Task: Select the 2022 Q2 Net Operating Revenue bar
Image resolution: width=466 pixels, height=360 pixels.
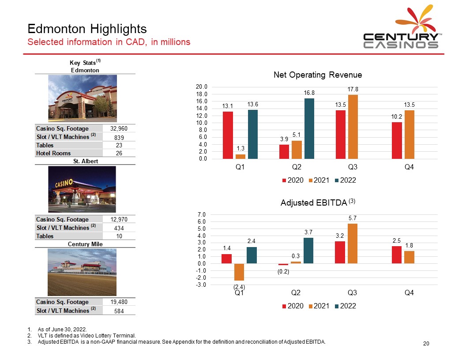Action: pos(309,128)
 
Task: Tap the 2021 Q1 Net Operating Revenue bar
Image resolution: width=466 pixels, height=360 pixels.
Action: pos(241,156)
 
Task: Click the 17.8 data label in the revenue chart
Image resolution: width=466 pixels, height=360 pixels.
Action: pos(353,89)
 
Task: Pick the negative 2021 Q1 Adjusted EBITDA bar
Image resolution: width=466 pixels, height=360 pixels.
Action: pos(239,272)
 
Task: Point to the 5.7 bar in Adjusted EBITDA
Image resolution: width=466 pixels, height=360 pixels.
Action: pos(353,243)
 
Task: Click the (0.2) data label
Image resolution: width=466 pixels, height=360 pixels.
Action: pos(283,271)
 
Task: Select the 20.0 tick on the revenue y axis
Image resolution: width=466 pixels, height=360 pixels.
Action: pos(203,87)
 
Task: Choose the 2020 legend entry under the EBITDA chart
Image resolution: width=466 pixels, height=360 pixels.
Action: pos(292,306)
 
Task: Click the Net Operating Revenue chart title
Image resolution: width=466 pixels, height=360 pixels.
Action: pos(318,75)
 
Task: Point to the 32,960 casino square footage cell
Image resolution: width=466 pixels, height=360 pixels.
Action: pos(119,128)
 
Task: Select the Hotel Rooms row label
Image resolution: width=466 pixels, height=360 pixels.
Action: pos(53,153)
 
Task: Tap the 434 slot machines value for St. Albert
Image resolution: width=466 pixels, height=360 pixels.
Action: pos(119,228)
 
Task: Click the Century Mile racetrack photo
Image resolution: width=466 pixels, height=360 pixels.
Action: pos(82,272)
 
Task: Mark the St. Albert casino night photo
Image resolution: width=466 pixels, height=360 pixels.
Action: pos(82,189)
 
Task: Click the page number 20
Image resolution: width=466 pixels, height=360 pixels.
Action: pos(426,344)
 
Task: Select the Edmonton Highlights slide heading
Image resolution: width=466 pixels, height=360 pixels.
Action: pos(87,29)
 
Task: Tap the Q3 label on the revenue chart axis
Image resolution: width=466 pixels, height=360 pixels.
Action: pos(352,168)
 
